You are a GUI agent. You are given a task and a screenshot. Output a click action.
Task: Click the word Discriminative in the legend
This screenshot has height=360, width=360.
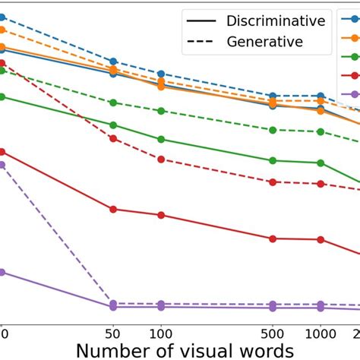[276, 21]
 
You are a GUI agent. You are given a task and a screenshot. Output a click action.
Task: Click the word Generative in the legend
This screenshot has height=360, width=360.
[265, 42]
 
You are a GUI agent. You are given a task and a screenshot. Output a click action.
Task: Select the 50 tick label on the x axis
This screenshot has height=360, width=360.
[113, 333]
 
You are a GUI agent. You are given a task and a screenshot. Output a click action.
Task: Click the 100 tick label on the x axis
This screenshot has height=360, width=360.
[161, 333]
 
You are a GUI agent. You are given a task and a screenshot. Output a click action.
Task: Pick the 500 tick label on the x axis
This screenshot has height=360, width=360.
[273, 333]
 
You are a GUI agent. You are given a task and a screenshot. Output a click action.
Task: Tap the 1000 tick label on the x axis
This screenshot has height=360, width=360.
[321, 333]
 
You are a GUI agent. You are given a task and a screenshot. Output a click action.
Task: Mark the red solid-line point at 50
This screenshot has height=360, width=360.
[113, 209]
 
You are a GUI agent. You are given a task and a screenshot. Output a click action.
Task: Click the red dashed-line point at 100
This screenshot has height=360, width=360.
[161, 159]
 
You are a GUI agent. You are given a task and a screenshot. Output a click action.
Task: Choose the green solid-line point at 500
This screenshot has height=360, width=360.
[273, 159]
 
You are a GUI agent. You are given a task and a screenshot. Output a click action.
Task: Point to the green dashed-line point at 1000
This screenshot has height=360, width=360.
[321, 131]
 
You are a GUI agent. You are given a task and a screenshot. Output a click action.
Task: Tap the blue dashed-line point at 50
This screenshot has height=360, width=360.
[113, 62]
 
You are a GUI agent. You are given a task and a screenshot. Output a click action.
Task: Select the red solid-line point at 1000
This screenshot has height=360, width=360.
[321, 240]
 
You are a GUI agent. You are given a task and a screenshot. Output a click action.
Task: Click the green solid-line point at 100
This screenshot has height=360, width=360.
[161, 139]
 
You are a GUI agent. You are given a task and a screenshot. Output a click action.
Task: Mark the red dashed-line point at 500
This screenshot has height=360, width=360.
[273, 182]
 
